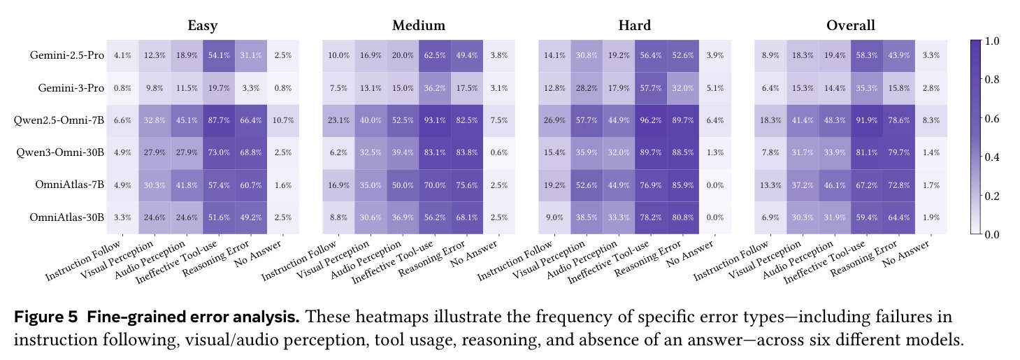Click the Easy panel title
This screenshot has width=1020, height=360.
(202, 25)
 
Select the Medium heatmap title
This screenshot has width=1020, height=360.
(419, 25)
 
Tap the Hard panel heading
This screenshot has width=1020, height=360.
(634, 25)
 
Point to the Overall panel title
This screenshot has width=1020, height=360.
(851, 25)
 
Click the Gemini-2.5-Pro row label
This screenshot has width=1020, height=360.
(67, 55)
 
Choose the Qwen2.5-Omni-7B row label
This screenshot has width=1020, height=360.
(59, 120)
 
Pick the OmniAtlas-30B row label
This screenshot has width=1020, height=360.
(67, 217)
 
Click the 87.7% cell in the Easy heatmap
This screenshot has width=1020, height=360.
(219, 120)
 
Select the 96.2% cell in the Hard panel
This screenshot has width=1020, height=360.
(651, 120)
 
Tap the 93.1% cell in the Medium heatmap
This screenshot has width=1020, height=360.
(435, 120)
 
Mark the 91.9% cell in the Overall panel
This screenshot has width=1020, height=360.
(866, 120)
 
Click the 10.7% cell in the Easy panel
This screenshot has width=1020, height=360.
(282, 120)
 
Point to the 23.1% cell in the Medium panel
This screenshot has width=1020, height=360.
(338, 120)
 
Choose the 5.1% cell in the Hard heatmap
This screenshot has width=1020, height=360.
(715, 88)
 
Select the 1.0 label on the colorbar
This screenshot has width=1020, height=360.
(992, 41)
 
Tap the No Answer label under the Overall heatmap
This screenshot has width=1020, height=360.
(906, 253)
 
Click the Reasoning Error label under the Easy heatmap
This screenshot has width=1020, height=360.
(216, 258)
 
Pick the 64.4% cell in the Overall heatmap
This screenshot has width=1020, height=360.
(898, 217)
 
